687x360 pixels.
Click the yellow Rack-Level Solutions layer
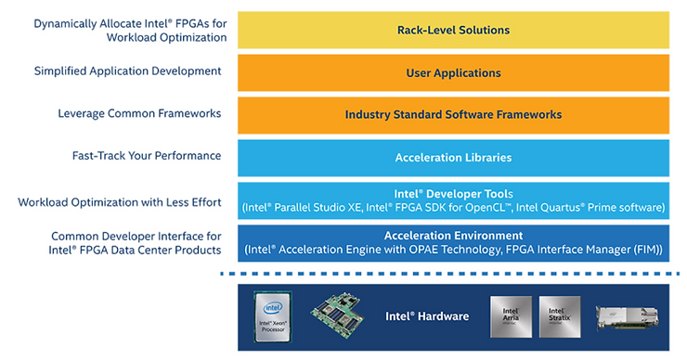tap(453, 30)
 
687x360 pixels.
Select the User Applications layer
tap(453, 72)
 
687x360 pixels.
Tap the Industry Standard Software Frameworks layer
tap(453, 115)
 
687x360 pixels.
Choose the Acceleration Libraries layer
tap(453, 158)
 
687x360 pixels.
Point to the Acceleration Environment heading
tap(453, 236)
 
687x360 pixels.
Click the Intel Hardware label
tap(426, 316)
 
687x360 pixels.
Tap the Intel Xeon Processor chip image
tap(273, 317)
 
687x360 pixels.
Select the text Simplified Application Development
tap(127, 71)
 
